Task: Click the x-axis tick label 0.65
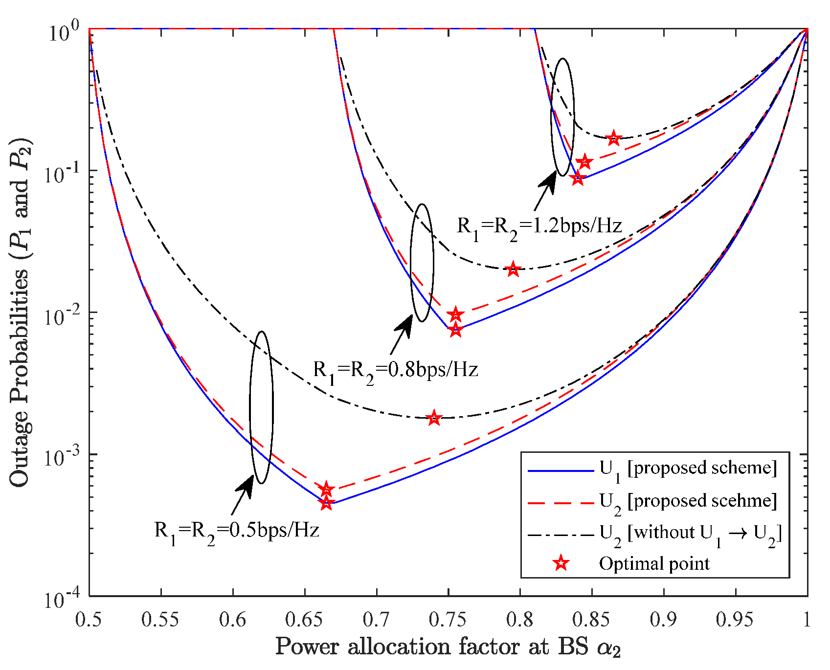point(305,620)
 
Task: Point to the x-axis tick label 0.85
point(592,620)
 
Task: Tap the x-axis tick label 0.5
point(89,620)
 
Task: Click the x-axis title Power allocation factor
point(448,648)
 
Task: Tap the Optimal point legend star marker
point(561,563)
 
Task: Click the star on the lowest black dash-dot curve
point(434,418)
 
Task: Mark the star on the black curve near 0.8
point(513,269)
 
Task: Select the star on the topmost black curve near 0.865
point(614,138)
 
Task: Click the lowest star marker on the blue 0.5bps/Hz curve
point(327,503)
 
